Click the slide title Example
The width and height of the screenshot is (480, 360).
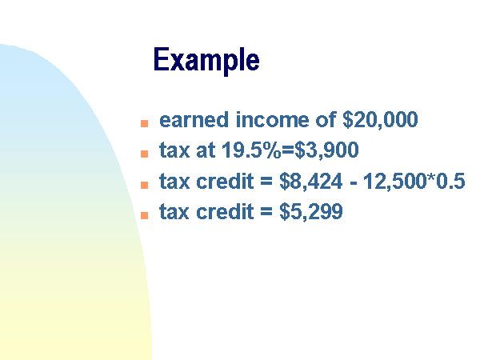click(x=206, y=61)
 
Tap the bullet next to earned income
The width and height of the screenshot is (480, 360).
click(x=144, y=123)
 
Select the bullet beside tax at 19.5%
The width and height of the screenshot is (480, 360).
click(x=144, y=154)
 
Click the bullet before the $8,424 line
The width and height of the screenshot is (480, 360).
click(x=144, y=185)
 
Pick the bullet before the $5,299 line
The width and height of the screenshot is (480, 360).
click(x=144, y=215)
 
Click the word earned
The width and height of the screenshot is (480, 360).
click(x=194, y=120)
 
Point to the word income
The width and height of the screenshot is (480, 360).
click(x=273, y=120)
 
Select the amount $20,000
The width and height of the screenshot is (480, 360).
click(x=380, y=120)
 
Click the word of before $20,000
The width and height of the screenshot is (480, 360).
click(x=326, y=119)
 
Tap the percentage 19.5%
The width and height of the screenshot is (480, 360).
click(x=251, y=150)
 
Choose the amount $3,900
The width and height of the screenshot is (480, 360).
click(x=326, y=150)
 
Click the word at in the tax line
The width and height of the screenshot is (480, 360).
click(x=206, y=150)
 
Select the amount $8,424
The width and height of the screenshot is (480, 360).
click(x=311, y=182)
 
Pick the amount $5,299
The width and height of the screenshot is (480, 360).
click(x=311, y=211)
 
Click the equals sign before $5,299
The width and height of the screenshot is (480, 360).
click(x=266, y=212)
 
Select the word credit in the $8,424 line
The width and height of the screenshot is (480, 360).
click(x=225, y=181)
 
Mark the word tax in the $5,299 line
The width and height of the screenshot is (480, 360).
click(x=174, y=212)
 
